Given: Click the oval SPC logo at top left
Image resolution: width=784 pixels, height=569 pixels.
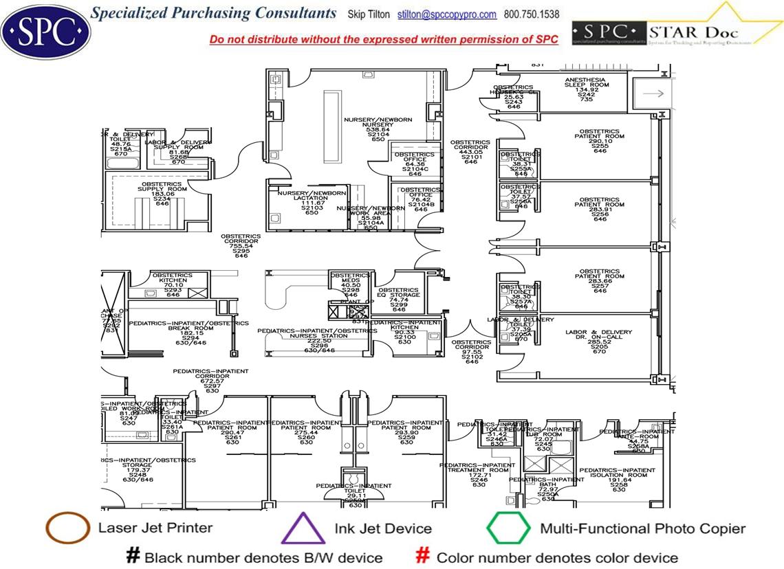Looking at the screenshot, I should pos(45,30).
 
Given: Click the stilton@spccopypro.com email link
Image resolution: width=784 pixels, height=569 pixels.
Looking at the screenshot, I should pos(447,14).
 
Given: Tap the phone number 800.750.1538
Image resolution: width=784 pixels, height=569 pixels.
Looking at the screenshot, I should pos(532,14).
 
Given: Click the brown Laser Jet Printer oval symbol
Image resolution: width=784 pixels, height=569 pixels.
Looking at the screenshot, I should pos(67,528).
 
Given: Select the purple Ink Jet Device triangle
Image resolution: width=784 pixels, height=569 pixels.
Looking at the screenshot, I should pos(303,529).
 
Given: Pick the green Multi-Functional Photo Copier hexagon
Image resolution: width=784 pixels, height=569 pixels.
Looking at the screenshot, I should pos(509,528).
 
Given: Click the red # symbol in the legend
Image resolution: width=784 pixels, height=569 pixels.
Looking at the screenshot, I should pos(424,556).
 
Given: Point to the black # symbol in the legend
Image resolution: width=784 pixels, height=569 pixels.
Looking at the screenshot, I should pos(133,556).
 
